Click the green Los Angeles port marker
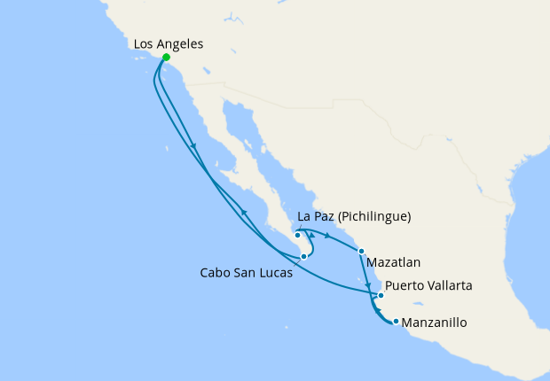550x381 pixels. (x=166, y=58)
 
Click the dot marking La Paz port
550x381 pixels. (x=297, y=235)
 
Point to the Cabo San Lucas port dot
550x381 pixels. (x=303, y=256)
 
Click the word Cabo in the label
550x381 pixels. (x=215, y=273)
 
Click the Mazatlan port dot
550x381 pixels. (x=361, y=252)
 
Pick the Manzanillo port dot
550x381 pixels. (x=395, y=321)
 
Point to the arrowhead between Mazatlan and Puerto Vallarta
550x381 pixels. (x=368, y=285)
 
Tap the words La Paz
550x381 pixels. (x=315, y=216)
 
